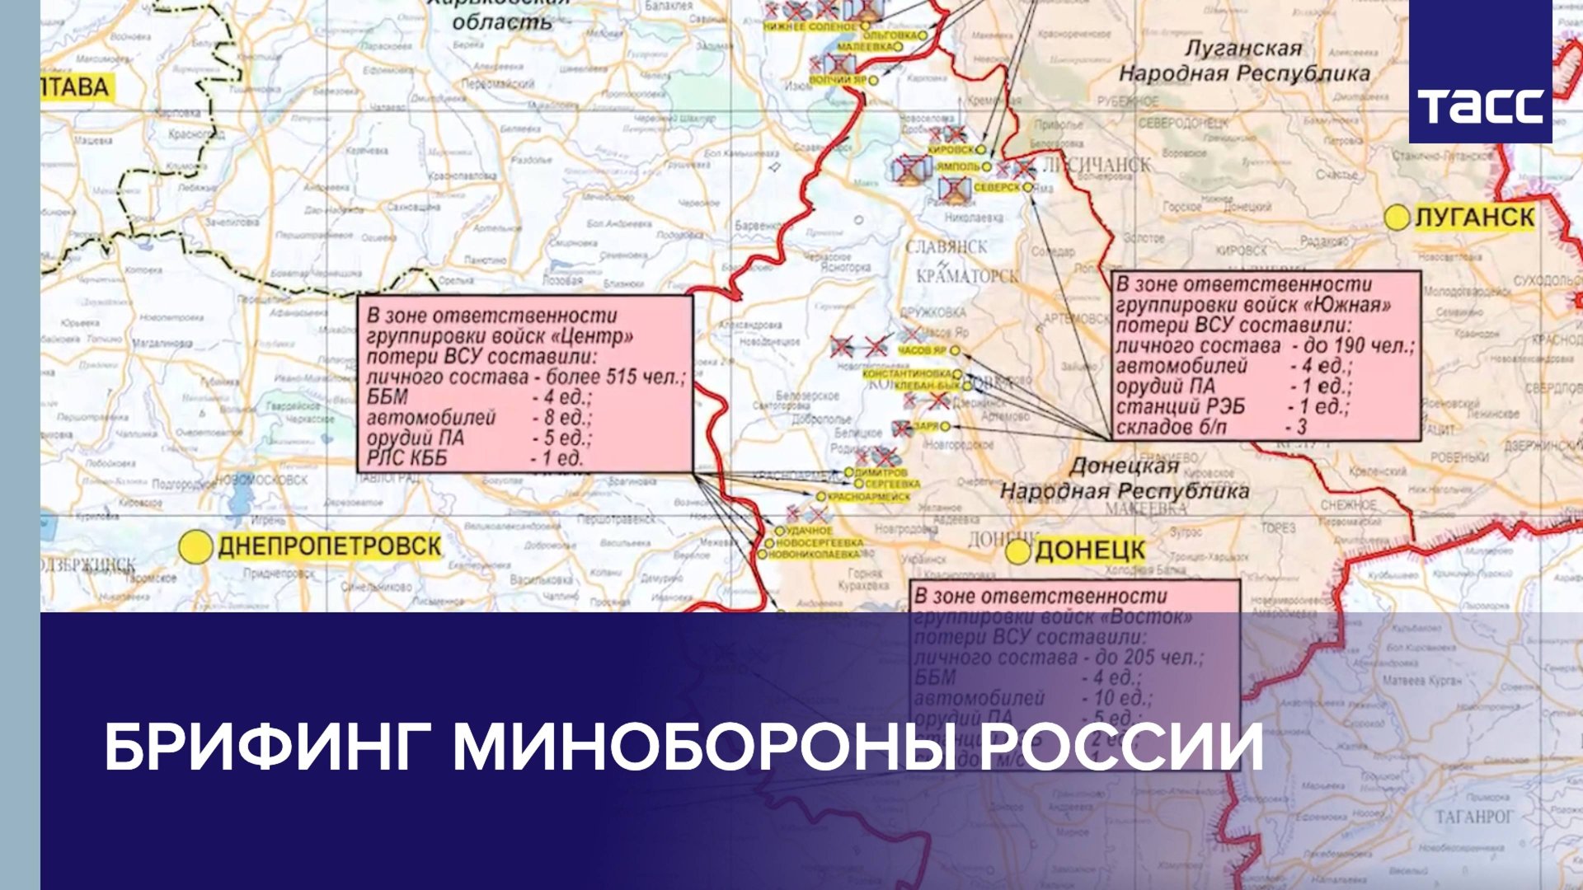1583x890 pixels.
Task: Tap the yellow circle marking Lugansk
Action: coord(1397,218)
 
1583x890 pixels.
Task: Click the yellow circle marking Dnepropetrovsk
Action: coord(197,546)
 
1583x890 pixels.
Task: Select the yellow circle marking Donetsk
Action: coord(1018,551)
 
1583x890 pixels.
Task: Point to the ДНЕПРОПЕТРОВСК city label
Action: coord(329,546)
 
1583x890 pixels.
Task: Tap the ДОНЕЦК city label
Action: coord(1090,550)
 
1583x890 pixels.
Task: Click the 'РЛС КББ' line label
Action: coord(406,458)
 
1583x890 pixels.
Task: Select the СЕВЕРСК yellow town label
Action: coord(996,188)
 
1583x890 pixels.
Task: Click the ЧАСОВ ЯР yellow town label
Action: coord(922,351)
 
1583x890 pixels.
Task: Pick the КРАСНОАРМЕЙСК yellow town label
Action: coord(868,497)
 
